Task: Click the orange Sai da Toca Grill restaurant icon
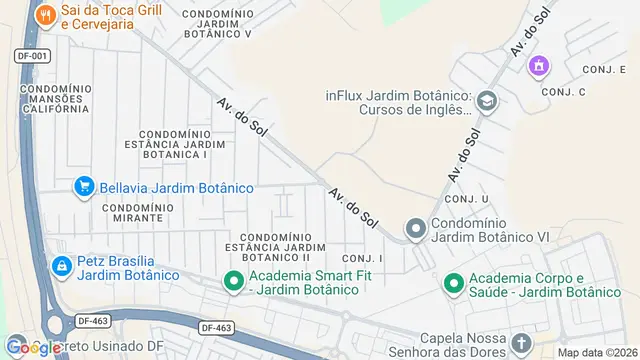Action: coord(45,16)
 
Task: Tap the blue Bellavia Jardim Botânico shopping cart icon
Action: coord(85,187)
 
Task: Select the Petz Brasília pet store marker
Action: coord(62,266)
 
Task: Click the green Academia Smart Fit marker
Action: coord(234,281)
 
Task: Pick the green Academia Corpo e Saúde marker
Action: coord(453,283)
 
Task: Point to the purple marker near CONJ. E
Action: coord(539,66)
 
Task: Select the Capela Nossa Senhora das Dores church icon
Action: coord(521,345)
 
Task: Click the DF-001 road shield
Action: coord(33,56)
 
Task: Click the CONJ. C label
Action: coord(563,91)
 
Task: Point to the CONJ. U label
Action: coord(469,200)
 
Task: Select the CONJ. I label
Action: coord(362,257)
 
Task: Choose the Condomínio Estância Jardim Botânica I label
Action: coord(173,144)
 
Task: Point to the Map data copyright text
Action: coord(597,352)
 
